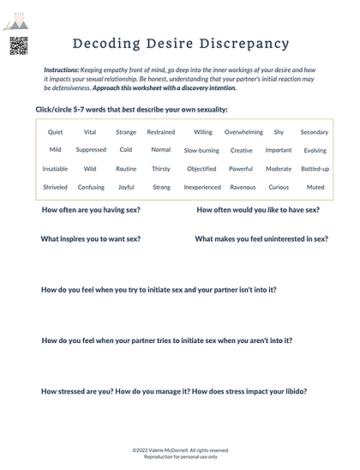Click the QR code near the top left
tap(20, 46)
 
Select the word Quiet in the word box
tap(56, 132)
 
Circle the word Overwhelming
tap(243, 132)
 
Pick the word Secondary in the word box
tap(315, 132)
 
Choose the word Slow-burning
tap(201, 150)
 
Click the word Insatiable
tap(56, 169)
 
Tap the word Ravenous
tap(243, 187)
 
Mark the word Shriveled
tap(56, 187)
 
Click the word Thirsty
tap(161, 169)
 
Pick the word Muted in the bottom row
tap(315, 187)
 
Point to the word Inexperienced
tap(201, 187)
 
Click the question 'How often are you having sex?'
tap(91, 209)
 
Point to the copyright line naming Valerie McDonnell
tap(181, 449)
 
